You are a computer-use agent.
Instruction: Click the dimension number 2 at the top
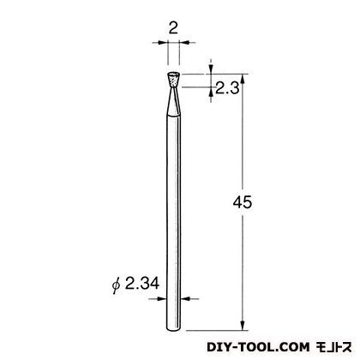(x=173, y=28)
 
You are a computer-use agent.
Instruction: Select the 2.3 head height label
(x=227, y=88)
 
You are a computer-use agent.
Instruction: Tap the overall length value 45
(x=243, y=202)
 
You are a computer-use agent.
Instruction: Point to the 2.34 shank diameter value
(x=142, y=284)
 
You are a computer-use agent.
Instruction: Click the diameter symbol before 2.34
(x=116, y=285)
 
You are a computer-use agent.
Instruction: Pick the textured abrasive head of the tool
(x=173, y=80)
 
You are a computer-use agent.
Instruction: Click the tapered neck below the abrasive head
(x=174, y=100)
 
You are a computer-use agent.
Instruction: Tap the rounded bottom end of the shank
(x=173, y=328)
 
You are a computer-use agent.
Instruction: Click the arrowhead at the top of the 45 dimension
(x=243, y=78)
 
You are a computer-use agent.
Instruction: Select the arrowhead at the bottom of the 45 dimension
(x=243, y=326)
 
